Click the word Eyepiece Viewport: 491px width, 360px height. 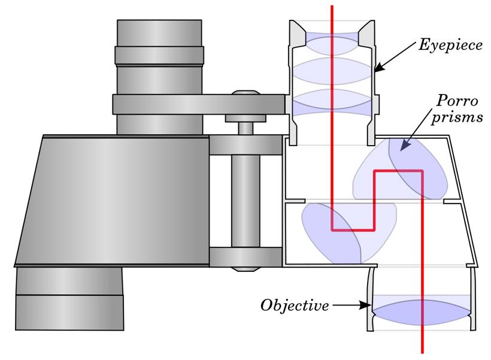[x=450, y=46]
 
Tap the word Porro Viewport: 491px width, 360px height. [x=457, y=101]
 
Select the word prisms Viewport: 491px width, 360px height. [x=457, y=118]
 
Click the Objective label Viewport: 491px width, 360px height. [x=295, y=305]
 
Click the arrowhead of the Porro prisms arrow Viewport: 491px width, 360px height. [x=405, y=146]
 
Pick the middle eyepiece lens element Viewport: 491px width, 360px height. [x=332, y=71]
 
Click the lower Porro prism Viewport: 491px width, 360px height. [x=349, y=233]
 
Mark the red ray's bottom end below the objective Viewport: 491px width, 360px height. [x=422, y=353]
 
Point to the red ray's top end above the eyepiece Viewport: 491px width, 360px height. [x=332, y=6]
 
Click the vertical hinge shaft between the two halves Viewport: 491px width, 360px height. [x=245, y=201]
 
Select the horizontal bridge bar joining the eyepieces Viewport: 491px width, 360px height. [x=199, y=104]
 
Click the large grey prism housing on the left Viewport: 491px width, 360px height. [x=113, y=201]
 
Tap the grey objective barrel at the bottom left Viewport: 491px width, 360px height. [x=69, y=298]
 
